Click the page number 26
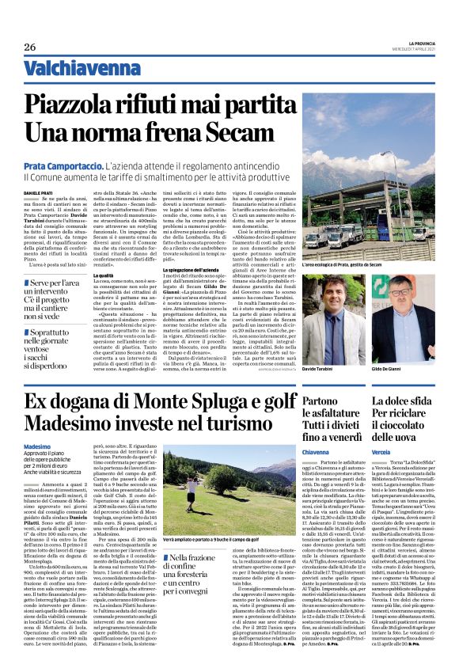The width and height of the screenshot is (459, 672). click(x=30, y=47)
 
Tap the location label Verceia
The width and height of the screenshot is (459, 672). click(x=384, y=451)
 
